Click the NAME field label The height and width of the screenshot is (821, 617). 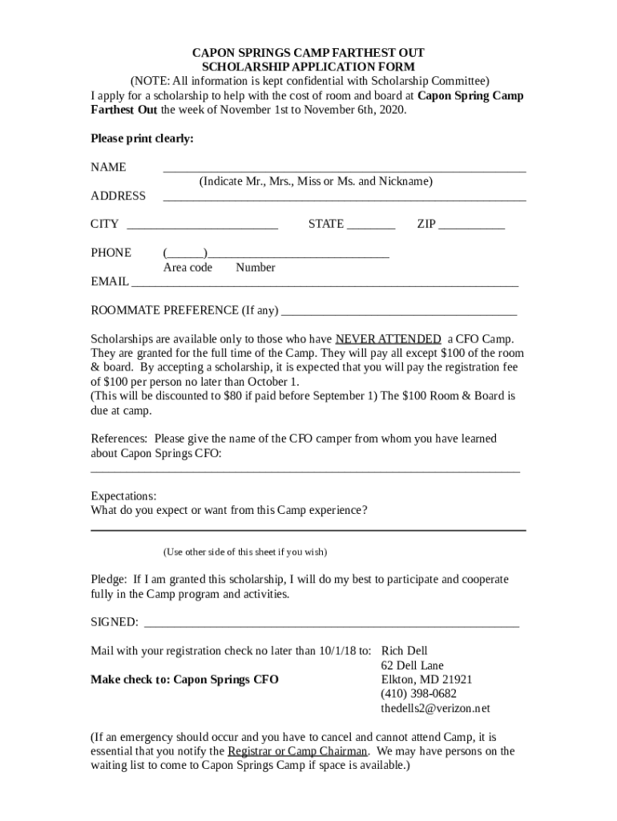pos(108,168)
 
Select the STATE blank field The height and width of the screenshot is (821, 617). pos(371,229)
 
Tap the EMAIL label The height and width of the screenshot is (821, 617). pos(110,282)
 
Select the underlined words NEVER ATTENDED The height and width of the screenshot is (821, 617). pos(388,338)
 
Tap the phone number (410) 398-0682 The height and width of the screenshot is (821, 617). pos(419,694)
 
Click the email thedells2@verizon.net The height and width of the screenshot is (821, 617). pos(435,709)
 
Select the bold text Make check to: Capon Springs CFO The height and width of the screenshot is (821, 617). pos(184,680)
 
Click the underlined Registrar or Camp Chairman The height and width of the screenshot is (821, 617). pos(297,751)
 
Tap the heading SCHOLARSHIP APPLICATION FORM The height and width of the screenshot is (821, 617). pos(308,67)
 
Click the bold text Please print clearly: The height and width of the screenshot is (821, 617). pos(142,139)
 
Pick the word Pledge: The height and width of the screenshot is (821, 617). pos(108,579)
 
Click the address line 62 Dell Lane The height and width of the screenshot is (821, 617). pos(412,665)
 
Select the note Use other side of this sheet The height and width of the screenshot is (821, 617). pos(245,552)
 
